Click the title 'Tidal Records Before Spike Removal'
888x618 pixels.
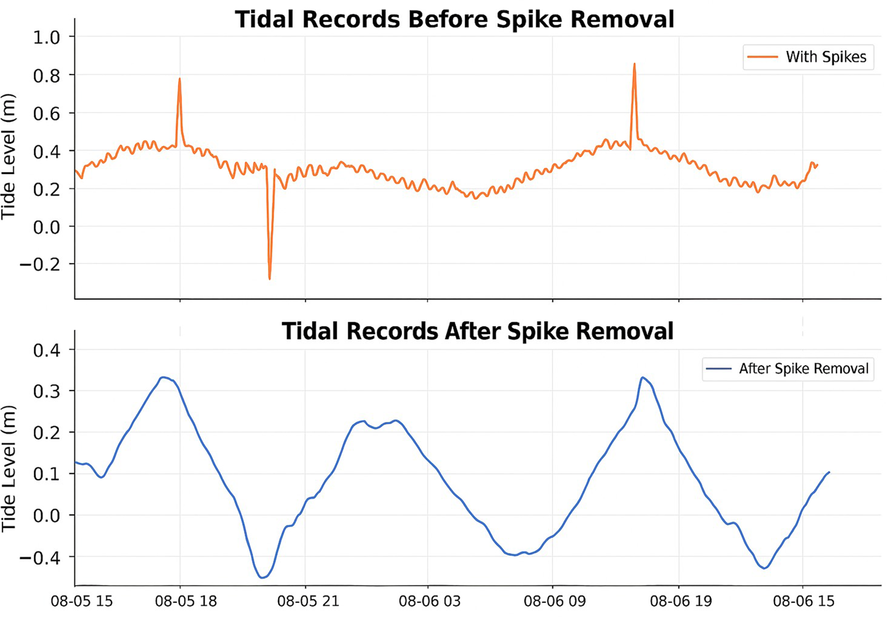point(454,19)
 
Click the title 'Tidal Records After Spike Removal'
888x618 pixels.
point(477,331)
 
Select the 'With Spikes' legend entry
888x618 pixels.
point(808,57)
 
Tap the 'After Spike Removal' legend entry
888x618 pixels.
point(787,369)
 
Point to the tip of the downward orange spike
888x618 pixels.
point(270,279)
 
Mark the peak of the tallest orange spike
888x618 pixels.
point(634,64)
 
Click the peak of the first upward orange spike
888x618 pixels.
point(179,79)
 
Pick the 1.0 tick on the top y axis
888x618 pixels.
point(46,38)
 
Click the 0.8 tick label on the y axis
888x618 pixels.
point(46,75)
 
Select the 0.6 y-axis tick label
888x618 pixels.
point(46,113)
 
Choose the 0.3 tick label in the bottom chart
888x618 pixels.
point(46,391)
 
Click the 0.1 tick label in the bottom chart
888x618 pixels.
point(46,474)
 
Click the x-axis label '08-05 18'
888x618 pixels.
point(186,601)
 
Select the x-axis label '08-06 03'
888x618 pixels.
point(429,601)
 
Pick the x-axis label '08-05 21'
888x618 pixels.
point(308,601)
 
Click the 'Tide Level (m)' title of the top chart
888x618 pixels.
point(8,156)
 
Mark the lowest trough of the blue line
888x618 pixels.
point(262,577)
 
